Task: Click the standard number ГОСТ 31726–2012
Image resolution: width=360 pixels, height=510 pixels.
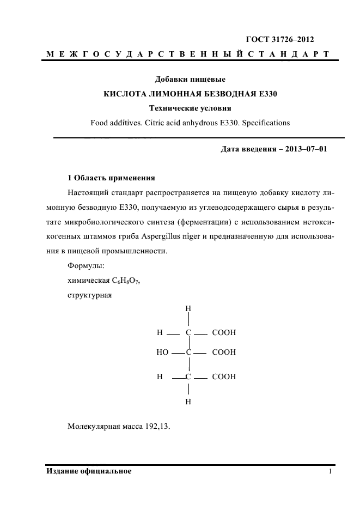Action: (280, 39)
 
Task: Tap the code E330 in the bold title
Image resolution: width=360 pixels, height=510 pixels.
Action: (266, 94)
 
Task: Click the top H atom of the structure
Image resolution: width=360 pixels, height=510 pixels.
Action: (188, 308)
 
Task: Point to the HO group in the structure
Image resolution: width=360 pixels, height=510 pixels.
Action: (162, 353)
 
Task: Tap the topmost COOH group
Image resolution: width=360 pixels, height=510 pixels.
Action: (223, 332)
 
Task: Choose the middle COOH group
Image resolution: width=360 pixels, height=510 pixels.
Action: (223, 353)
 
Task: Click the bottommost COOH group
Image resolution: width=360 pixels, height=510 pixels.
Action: (223, 377)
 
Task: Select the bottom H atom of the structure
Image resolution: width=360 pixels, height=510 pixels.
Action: (188, 402)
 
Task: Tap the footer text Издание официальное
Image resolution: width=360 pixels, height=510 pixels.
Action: (89, 471)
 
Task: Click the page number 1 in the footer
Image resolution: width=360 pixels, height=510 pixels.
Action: (330, 471)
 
